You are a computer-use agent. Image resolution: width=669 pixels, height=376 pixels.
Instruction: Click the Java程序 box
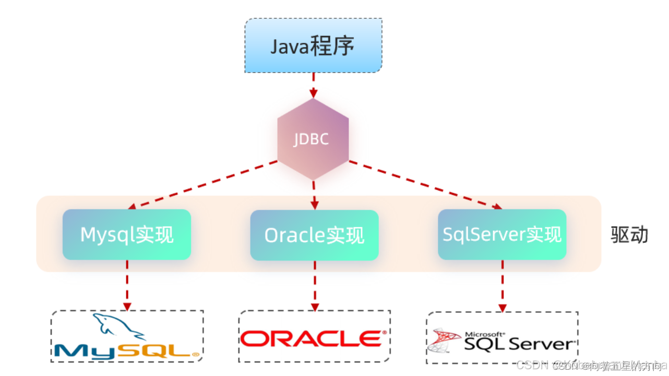(313, 45)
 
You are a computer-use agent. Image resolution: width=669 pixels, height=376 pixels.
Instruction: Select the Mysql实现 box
(127, 235)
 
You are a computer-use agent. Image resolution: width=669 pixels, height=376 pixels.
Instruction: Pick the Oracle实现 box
(314, 236)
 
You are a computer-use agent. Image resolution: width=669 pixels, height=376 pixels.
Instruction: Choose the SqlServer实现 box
(502, 234)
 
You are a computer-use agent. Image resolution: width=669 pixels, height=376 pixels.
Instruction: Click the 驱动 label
(629, 235)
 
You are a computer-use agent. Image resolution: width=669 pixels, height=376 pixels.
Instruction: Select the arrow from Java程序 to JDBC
(313, 85)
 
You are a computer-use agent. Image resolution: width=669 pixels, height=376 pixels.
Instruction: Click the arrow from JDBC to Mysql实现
(204, 184)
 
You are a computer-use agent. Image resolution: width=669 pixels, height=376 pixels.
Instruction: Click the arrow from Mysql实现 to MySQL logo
(127, 285)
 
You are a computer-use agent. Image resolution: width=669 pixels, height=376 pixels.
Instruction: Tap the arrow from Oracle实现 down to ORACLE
(314, 285)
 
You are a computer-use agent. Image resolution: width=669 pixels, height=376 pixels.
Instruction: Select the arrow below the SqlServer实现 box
(502, 286)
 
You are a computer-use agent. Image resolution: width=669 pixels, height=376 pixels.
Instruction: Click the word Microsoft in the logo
(484, 334)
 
